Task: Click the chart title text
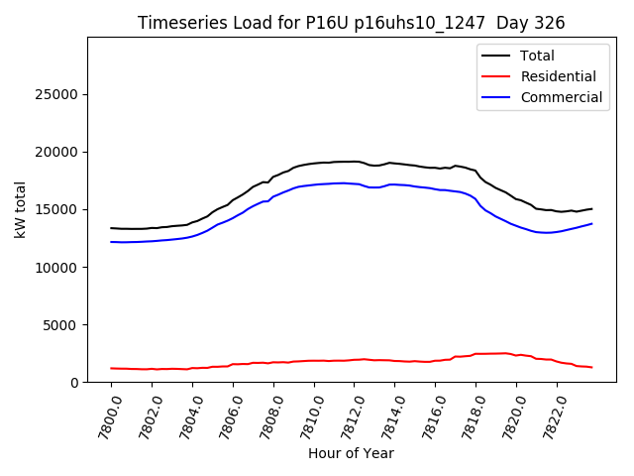coord(352,23)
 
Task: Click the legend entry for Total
coord(538,56)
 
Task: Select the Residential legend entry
coord(558,76)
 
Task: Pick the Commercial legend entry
coord(561,97)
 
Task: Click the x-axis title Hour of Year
coord(351,453)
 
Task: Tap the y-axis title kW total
coord(20,209)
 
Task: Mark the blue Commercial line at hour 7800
coord(112,242)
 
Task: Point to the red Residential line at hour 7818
coord(475,354)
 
